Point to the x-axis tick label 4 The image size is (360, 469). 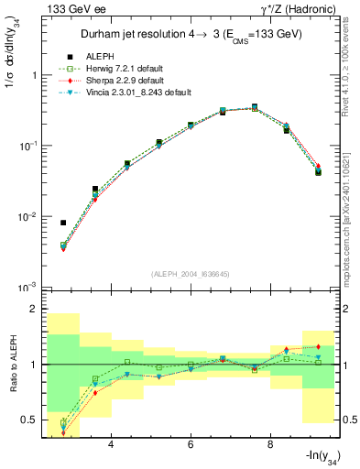[x=111, y=444]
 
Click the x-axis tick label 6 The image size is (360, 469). [x=191, y=444]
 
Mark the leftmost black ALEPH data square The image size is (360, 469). [x=63, y=223]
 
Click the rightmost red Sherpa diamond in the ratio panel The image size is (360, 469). [x=318, y=346]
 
